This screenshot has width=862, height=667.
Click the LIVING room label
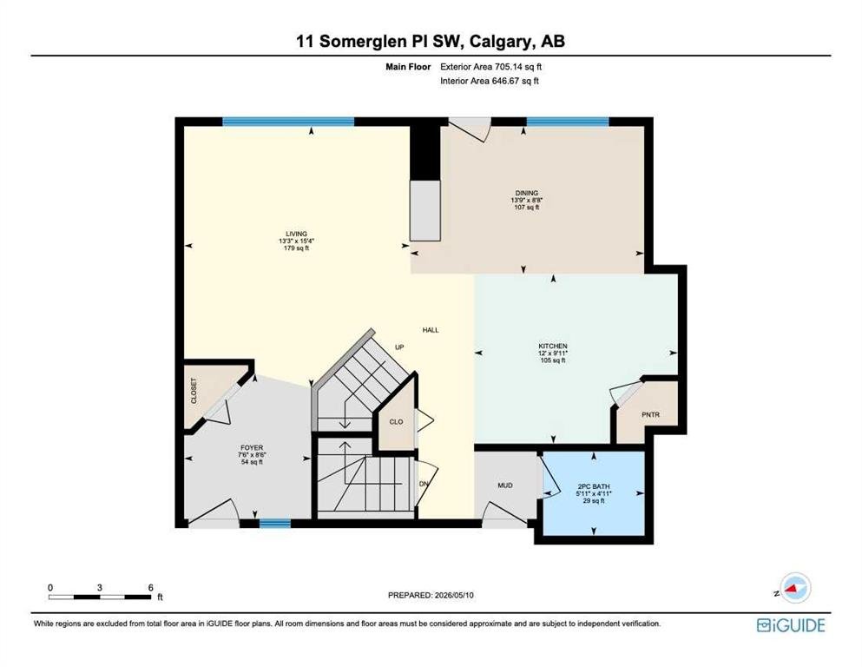[296, 234]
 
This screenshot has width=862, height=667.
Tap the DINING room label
[527, 193]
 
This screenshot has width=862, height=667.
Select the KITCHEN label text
[553, 346]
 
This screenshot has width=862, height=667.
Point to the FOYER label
[252, 447]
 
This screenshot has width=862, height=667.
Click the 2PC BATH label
[594, 486]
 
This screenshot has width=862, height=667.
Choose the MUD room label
[505, 485]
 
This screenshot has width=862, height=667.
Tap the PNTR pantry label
[650, 414]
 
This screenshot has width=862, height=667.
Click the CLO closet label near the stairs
[396, 422]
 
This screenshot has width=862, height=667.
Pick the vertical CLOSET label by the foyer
[194, 391]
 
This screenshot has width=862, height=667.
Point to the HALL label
[431, 330]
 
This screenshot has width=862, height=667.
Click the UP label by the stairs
[399, 347]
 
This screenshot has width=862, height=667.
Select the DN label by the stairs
[424, 484]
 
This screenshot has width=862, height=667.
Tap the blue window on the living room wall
[288, 122]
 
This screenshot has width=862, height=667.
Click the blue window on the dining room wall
[568, 122]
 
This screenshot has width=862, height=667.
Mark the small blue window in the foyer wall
[275, 524]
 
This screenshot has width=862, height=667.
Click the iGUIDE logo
[791, 625]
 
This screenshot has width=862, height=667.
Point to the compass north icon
[793, 588]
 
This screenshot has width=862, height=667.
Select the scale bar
[100, 597]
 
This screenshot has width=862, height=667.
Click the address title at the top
[431, 41]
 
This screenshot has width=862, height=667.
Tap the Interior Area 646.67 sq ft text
[490, 81]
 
